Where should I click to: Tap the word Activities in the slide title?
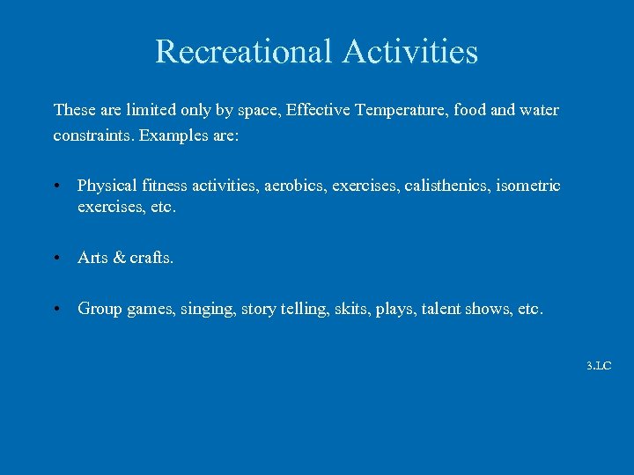[410, 51]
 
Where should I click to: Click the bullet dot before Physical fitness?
[55, 186]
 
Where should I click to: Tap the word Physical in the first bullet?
[107, 186]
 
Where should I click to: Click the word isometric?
[529, 186]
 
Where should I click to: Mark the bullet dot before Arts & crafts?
[55, 259]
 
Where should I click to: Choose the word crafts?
[151, 258]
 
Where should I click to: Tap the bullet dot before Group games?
[55, 310]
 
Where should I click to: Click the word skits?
[350, 309]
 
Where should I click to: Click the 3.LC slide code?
[599, 365]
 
